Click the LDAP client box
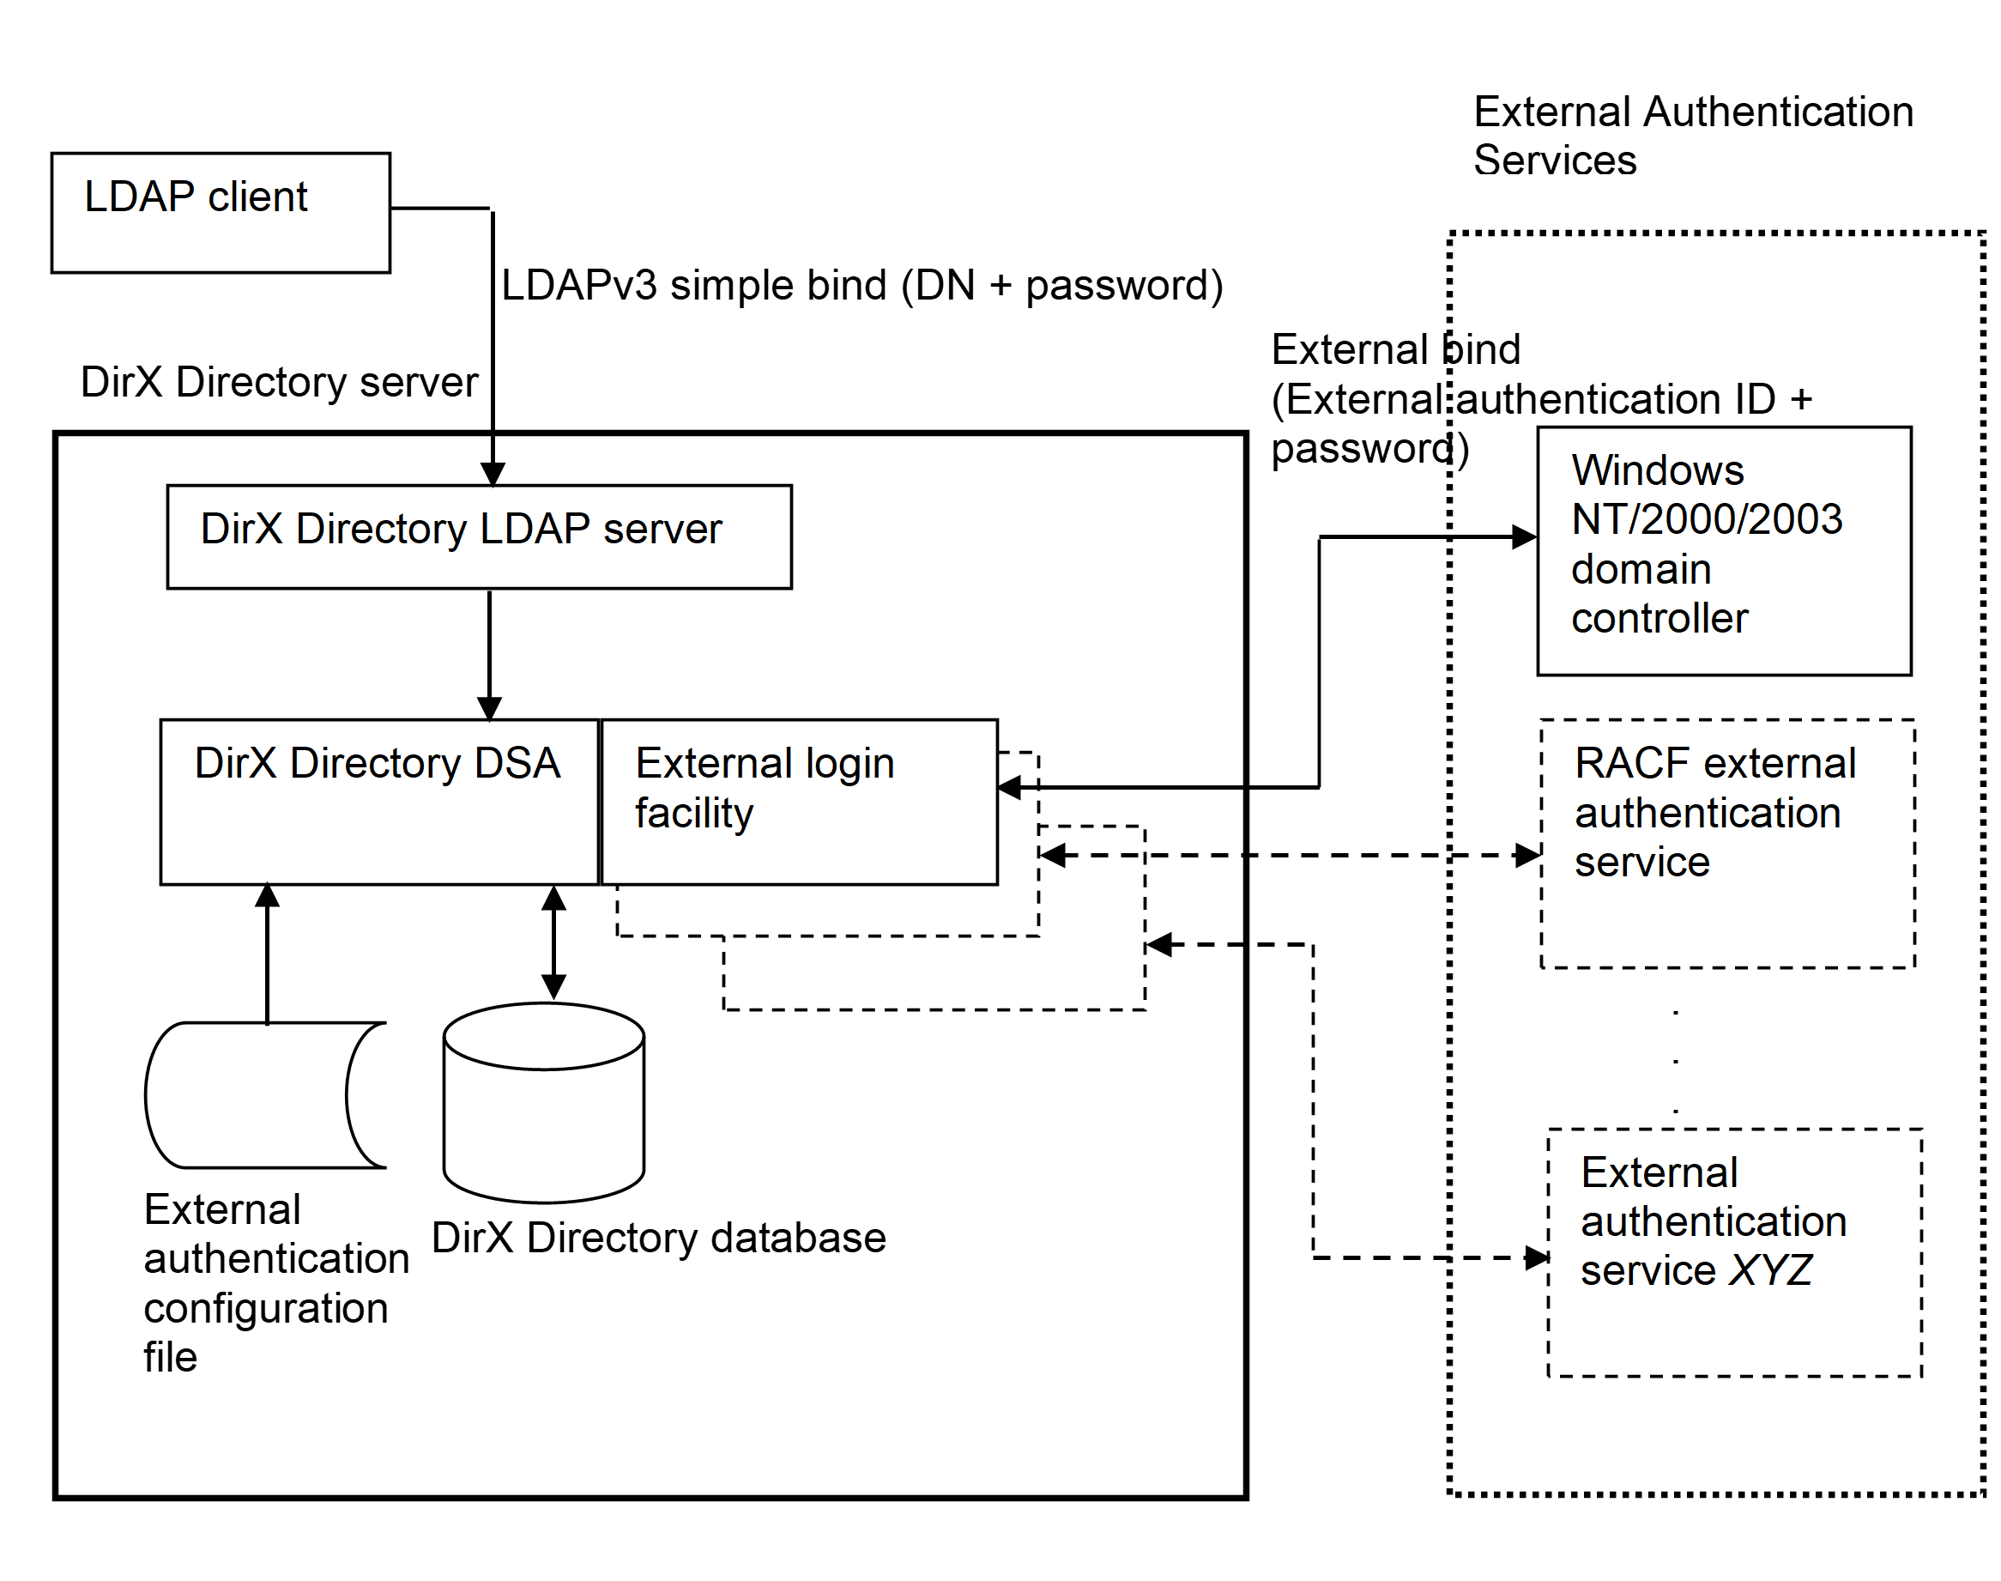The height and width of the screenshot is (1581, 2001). [221, 213]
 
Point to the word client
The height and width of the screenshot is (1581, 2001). [257, 197]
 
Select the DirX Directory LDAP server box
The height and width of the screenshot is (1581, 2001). [479, 537]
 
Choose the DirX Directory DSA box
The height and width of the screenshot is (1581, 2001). [378, 802]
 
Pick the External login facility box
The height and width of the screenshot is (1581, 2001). [800, 803]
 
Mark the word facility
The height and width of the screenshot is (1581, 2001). [694, 814]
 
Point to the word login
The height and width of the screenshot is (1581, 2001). [849, 765]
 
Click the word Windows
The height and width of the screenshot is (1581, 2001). [1658, 470]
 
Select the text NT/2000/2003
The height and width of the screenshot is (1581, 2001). [1707, 519]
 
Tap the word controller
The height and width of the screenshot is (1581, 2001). [1659, 618]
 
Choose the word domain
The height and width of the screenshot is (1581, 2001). [1641, 569]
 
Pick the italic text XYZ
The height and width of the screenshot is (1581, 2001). [1770, 1270]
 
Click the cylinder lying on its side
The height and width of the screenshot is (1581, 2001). [259, 1094]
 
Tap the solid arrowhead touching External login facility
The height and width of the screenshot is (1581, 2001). [1010, 787]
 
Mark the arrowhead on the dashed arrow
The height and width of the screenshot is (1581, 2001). [1052, 855]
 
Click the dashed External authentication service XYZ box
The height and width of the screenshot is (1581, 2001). [1734, 1252]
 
